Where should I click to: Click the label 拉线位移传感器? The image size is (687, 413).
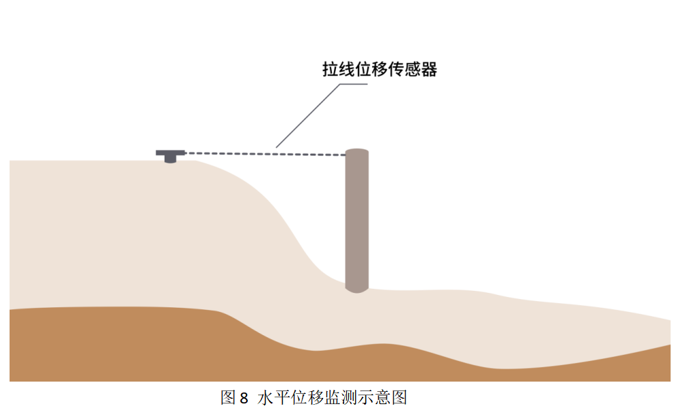click(x=379, y=70)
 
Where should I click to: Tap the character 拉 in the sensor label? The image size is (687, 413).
click(x=331, y=70)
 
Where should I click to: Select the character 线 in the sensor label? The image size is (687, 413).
click(x=347, y=70)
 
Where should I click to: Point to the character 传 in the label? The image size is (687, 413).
click(x=395, y=70)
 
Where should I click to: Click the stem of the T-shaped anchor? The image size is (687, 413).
click(x=170, y=158)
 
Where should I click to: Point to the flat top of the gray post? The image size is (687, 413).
click(x=357, y=152)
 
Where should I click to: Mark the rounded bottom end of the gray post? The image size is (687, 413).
click(x=357, y=289)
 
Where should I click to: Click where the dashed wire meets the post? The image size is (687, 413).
click(x=346, y=156)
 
